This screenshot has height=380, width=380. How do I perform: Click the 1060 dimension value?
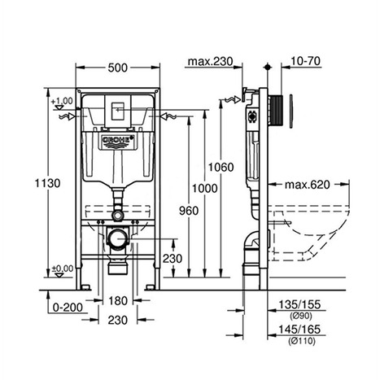(x=221, y=168)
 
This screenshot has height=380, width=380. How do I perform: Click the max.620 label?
(x=308, y=185)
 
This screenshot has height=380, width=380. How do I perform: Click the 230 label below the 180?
(x=119, y=321)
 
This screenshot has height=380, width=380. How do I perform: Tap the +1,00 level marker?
(x=63, y=101)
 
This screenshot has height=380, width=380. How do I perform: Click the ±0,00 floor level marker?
(x=63, y=268)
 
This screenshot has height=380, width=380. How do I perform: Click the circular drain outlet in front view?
(x=119, y=241)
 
